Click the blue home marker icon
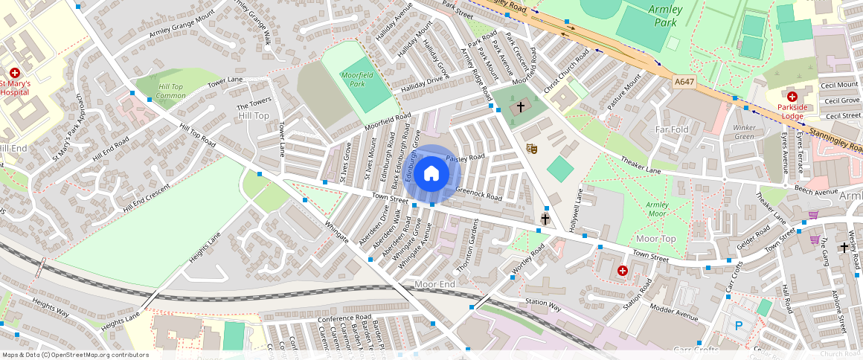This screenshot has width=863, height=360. coord(431,174)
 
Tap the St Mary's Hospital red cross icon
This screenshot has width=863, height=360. coord(15,72)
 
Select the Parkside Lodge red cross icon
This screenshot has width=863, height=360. coord(792,97)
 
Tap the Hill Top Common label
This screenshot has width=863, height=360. coord(172,91)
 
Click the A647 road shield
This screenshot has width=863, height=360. coord(684,81)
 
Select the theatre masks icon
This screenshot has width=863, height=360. coord(531,149)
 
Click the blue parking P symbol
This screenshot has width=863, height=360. coord(738,325)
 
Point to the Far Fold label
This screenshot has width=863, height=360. coord(673,130)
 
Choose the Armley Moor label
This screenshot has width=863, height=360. coord(657,209)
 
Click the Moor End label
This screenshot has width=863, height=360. coord(434,285)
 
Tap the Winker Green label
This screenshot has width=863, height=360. coord(744,132)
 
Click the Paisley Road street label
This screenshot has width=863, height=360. coord(465,158)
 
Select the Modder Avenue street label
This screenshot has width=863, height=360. coord(673,312)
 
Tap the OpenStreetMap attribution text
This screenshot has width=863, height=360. coord(75,355)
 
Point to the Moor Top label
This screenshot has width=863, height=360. coord(656,238)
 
